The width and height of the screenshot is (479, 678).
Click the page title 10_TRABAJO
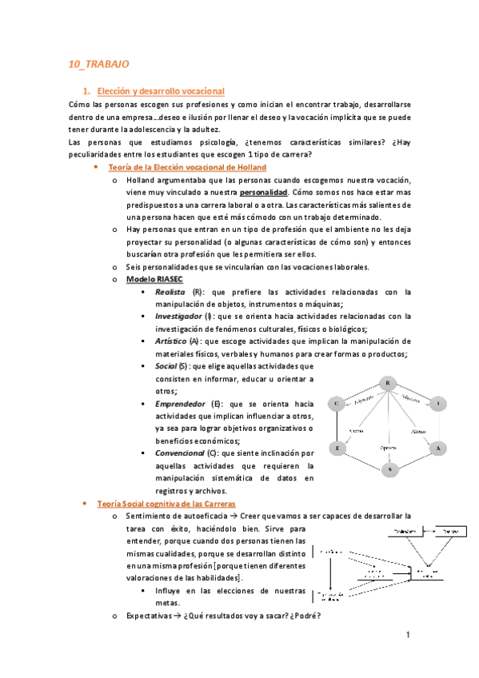tap(98, 63)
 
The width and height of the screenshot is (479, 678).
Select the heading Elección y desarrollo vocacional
tap(159, 91)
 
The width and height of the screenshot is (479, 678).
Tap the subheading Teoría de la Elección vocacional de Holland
tap(186, 167)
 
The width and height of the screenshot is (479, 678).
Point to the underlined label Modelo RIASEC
tap(155, 279)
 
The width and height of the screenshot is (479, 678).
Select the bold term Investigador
tap(179, 317)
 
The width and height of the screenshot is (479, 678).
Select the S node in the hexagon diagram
tap(388, 470)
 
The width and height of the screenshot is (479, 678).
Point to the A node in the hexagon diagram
tap(437, 449)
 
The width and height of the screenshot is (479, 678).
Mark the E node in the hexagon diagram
tap(337, 449)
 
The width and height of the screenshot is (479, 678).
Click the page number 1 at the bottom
tap(407, 636)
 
